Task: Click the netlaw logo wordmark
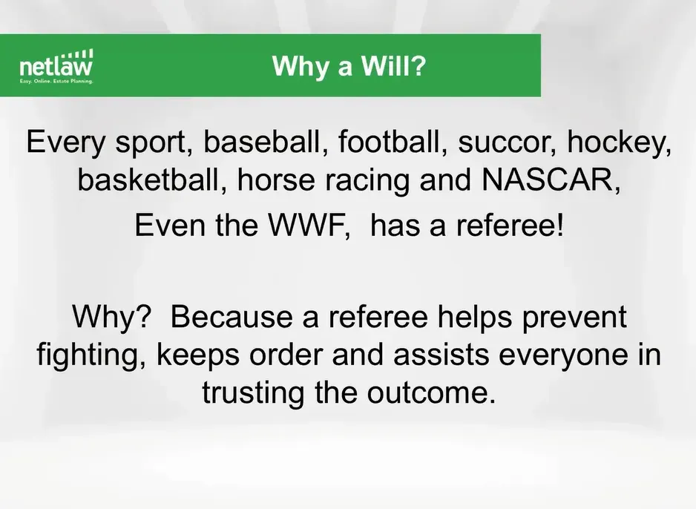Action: coord(56,68)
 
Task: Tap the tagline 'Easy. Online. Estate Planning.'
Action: coord(56,82)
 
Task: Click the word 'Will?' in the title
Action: coord(393,66)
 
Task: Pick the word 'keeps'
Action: coord(198,356)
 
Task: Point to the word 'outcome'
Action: coord(430,393)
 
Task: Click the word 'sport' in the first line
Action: coord(154,143)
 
